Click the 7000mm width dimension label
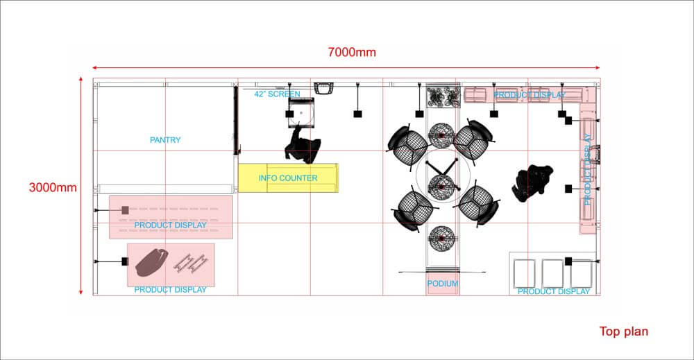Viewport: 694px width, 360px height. pyautogui.click(x=353, y=53)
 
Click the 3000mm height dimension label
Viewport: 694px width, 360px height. pyautogui.click(x=53, y=187)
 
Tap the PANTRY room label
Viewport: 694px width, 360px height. pyautogui.click(x=165, y=140)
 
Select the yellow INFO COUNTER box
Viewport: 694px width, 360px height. pyautogui.click(x=288, y=178)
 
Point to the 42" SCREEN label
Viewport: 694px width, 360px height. pyautogui.click(x=278, y=94)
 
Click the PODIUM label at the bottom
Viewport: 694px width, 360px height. pyautogui.click(x=442, y=284)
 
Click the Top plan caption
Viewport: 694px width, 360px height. pyautogui.click(x=623, y=332)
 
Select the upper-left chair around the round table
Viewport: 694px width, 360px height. pyautogui.click(x=407, y=144)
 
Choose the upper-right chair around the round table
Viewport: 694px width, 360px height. pyautogui.click(x=475, y=140)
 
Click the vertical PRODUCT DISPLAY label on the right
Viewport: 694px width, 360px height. pyautogui.click(x=587, y=175)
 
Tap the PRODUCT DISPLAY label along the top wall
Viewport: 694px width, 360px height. pyautogui.click(x=530, y=94)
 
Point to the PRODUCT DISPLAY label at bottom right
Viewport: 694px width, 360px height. pyautogui.click(x=554, y=291)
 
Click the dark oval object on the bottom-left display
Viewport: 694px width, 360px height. pyautogui.click(x=153, y=262)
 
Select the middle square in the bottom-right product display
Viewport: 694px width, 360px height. pyautogui.click(x=553, y=272)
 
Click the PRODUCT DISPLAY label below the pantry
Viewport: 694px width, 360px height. pyautogui.click(x=171, y=225)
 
